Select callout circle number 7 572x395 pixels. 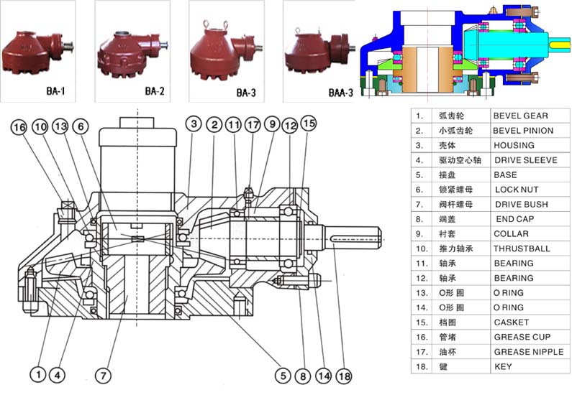coord(103,374)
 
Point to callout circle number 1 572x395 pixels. coord(37,374)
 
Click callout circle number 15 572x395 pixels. coord(308,124)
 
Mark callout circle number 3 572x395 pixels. coord(194,124)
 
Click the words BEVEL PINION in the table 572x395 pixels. coord(523,131)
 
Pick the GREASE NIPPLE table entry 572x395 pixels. coord(528,352)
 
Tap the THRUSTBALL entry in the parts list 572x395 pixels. coord(522,248)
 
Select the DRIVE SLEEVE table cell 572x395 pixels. coord(525,160)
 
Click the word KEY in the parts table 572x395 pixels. coord(502,366)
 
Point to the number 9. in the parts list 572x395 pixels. coord(419,233)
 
